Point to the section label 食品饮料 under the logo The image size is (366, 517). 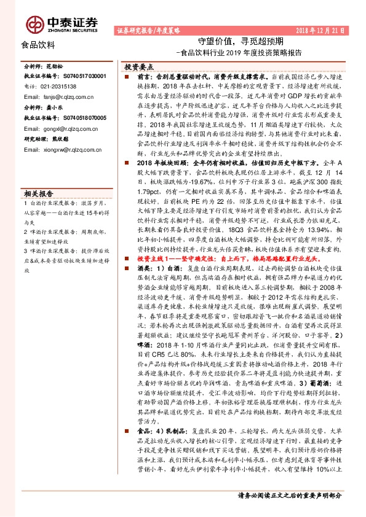pos(38,45)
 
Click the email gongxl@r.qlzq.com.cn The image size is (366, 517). pos(64,129)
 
